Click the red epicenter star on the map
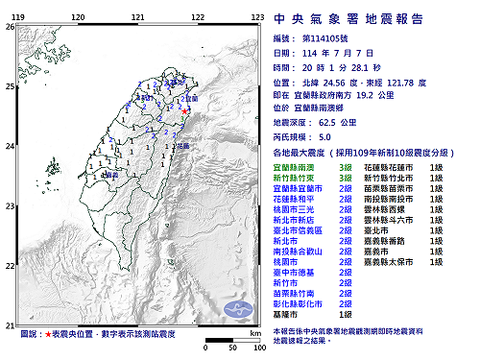184,112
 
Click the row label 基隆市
287,314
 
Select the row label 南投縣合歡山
298,248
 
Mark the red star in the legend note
47,335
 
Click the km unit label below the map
254,332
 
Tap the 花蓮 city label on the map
182,145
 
